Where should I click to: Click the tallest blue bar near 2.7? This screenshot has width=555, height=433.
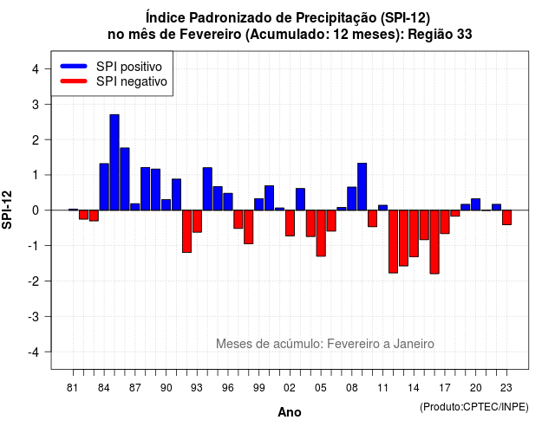[114, 162]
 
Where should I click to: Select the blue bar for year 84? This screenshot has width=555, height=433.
[104, 187]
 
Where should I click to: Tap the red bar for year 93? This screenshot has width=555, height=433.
[197, 222]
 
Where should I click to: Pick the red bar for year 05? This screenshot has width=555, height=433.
[321, 233]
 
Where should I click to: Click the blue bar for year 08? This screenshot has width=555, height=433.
[352, 198]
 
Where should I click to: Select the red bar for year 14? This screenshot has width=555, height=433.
[414, 234]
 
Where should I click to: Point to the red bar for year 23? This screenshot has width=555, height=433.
[506, 217]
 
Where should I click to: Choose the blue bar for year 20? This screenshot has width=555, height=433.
[476, 204]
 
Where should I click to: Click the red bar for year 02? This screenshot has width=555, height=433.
[290, 223]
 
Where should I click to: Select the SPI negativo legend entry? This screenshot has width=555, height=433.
[114, 81]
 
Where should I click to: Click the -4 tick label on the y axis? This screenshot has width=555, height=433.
[34, 352]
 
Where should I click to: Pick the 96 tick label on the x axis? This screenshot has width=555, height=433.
[228, 388]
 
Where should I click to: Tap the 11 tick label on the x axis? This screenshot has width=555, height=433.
[382, 388]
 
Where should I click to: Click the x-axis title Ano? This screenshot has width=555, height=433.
[290, 412]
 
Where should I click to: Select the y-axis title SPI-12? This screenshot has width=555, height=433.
[7, 210]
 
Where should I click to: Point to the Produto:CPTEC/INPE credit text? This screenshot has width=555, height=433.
[474, 407]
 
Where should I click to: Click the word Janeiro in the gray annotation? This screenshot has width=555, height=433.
[414, 344]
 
